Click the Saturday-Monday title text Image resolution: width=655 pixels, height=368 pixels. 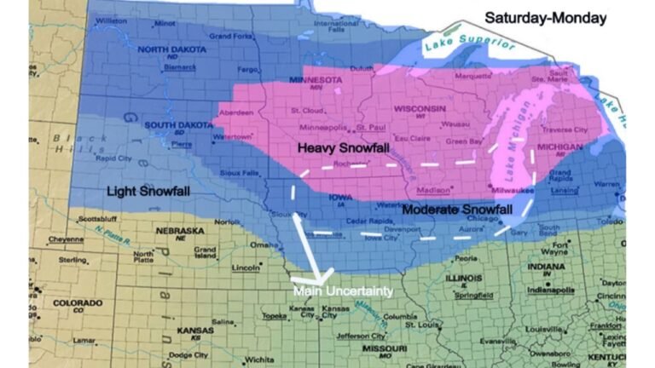click(545, 17)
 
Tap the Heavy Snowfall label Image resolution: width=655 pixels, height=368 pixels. click(344, 148)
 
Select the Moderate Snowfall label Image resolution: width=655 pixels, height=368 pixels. click(456, 210)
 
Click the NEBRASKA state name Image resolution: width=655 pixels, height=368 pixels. click(178, 231)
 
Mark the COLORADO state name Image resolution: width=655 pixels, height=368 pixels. click(78, 302)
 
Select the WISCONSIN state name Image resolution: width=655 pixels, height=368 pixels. click(420, 109)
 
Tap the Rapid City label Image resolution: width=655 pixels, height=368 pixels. click(113, 158)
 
